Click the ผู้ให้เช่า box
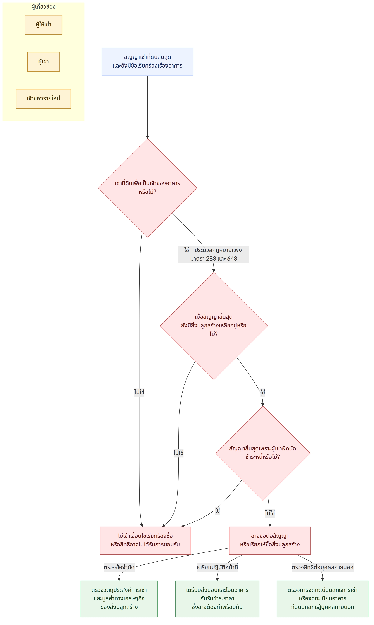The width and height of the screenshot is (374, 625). pos(43,25)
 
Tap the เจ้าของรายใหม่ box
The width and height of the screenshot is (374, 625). pos(43,99)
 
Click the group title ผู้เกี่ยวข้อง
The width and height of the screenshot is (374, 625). pos(43,7)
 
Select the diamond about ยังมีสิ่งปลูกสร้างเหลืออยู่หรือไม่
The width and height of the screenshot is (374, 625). pos(214,326)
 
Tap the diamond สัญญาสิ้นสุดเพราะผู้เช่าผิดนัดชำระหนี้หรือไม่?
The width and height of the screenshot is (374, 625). pos(263,453)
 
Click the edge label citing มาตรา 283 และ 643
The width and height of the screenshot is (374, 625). pos(214,255)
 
